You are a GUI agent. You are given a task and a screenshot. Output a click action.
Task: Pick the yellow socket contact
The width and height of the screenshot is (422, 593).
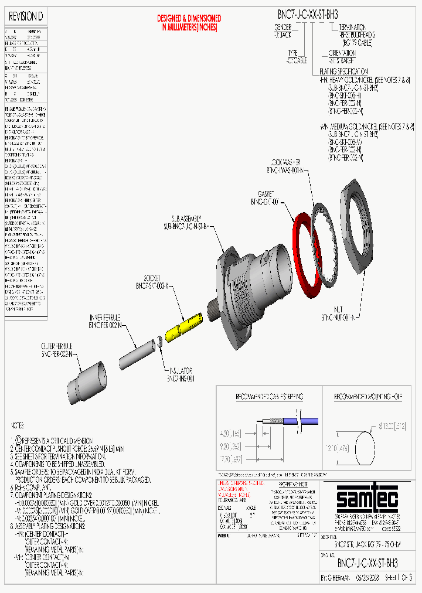(x=184, y=326)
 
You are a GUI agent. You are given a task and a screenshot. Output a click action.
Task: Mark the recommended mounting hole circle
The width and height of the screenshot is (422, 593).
(x=358, y=448)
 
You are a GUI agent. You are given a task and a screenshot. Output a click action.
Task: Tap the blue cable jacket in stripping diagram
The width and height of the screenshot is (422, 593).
(x=316, y=421)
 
